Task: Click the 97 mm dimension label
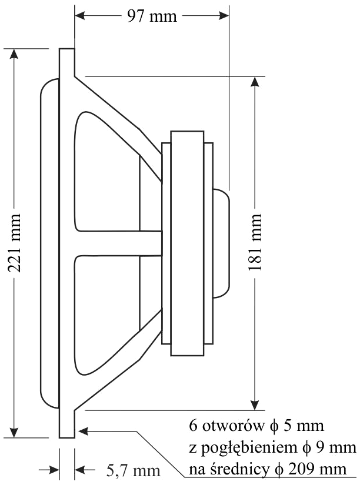[151, 16]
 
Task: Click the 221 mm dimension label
[16, 243]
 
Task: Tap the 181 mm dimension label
[255, 243]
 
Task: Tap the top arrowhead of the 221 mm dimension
[16, 53]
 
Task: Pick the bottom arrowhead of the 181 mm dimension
[255, 404]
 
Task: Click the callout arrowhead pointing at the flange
[82, 432]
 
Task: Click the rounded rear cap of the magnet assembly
[221, 243]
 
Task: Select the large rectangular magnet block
[187, 243]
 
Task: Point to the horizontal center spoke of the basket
[118, 243]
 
